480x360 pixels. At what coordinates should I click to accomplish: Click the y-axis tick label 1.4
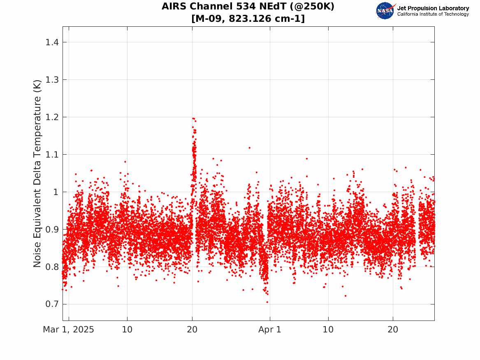pyautogui.click(x=52, y=42)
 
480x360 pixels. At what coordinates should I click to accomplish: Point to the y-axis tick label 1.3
pyautogui.click(x=52, y=80)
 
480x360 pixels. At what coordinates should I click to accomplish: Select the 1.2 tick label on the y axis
pyautogui.click(x=52, y=117)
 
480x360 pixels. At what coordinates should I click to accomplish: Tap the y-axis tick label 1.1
pyautogui.click(x=52, y=155)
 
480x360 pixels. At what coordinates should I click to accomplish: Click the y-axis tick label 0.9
pyautogui.click(x=52, y=230)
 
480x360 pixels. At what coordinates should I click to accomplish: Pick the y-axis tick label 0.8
pyautogui.click(x=52, y=267)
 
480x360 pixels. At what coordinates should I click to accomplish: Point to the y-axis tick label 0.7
pyautogui.click(x=52, y=304)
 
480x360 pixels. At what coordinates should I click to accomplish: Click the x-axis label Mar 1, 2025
pyautogui.click(x=69, y=330)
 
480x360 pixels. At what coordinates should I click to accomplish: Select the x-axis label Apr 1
pyautogui.click(x=270, y=330)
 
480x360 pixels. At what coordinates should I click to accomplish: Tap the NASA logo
pyautogui.click(x=385, y=11)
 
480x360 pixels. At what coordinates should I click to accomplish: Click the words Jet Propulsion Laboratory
pyautogui.click(x=433, y=8)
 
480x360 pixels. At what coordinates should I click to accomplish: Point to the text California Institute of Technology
pyautogui.click(x=433, y=14)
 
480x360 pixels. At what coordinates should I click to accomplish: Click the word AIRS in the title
pyautogui.click(x=174, y=6)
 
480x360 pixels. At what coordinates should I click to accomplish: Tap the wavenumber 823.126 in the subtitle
pyautogui.click(x=250, y=19)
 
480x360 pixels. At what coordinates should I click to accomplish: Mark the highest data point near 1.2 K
pyautogui.click(x=193, y=118)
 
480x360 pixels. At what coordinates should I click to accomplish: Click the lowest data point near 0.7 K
pyautogui.click(x=267, y=302)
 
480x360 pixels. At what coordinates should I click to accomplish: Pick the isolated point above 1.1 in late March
pyautogui.click(x=250, y=148)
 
